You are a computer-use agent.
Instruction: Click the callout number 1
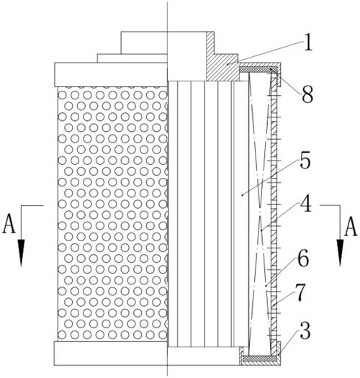[307, 42]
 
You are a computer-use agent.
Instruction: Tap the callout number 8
[307, 94]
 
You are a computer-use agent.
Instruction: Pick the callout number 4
[306, 203]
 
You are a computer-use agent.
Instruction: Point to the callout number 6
[303, 258]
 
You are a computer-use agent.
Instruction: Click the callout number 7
[300, 292]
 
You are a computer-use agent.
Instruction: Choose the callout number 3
[305, 330]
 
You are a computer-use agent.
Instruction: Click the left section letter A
[9, 223]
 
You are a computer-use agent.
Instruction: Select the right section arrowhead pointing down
[340, 253]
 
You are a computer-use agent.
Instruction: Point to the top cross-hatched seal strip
[258, 69]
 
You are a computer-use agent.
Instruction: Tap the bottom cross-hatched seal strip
[259, 359]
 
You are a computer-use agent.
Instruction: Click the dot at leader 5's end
[242, 194]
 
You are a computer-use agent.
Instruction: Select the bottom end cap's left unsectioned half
[111, 354]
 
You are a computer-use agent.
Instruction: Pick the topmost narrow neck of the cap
[144, 42]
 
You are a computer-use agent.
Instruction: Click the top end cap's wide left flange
[111, 74]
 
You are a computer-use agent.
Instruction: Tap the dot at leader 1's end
[228, 64]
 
